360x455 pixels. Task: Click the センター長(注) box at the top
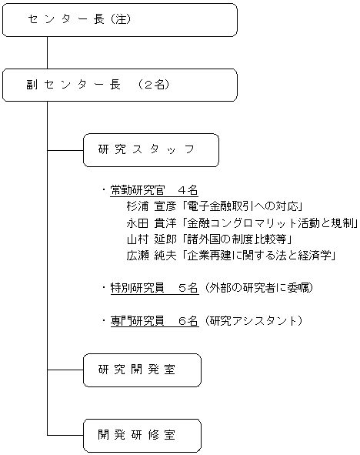pyautogui.click(x=119, y=20)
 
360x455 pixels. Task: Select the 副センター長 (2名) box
pyautogui.click(x=119, y=85)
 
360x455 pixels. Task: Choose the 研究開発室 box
pyautogui.click(x=142, y=370)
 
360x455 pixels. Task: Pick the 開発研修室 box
pyautogui.click(x=142, y=435)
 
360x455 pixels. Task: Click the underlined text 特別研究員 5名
pyautogui.click(x=155, y=288)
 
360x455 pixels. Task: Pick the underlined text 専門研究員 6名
pyautogui.click(x=155, y=320)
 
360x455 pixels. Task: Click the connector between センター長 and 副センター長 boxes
pyautogui.click(x=48, y=53)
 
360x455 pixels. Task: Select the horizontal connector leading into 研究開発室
pyautogui.click(x=65, y=370)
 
